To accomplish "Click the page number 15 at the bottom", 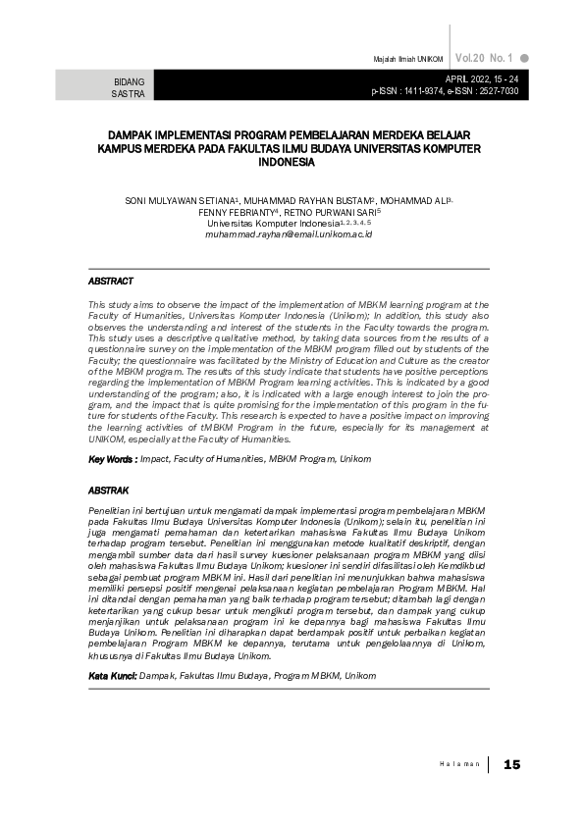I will tap(510, 764).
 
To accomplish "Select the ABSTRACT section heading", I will tap(110, 282).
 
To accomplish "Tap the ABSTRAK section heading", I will tap(108, 489).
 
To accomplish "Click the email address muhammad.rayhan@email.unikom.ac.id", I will tap(289, 236).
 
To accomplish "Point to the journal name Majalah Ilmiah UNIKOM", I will tap(408, 59).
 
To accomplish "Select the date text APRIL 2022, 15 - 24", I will tap(482, 78).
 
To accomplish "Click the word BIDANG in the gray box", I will tap(130, 81).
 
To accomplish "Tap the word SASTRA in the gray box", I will tap(130, 94).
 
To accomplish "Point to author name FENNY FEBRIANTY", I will tap(237, 212).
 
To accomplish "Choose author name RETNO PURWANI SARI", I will tap(331, 212).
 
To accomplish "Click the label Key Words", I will tap(111, 459).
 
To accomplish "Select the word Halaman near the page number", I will tap(460, 764).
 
